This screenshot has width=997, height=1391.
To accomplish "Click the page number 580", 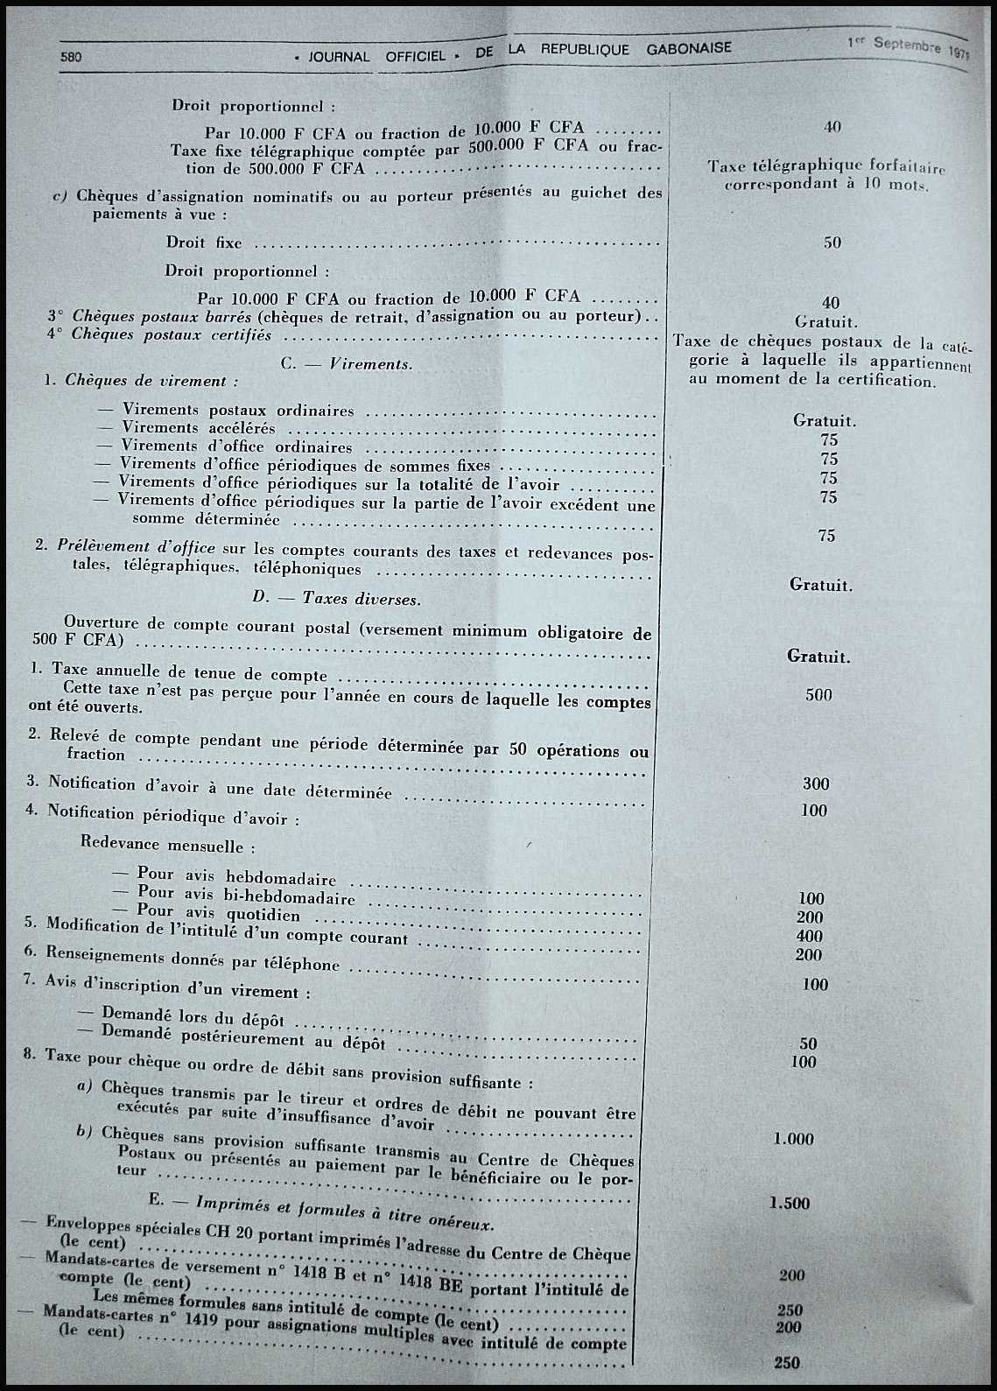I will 71,56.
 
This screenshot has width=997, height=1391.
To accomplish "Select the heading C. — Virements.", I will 347,364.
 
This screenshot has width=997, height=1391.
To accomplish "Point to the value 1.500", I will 789,1203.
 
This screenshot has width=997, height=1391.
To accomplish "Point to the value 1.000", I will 793,1139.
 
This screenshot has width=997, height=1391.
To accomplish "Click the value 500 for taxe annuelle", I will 818,695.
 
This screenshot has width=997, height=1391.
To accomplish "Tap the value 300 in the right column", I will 815,784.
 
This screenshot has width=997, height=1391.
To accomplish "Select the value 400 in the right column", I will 809,937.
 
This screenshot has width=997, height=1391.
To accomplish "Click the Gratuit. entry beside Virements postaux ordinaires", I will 824,421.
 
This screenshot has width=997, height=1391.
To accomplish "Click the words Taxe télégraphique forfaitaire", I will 825,165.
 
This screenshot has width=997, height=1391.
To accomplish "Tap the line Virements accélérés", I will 199,428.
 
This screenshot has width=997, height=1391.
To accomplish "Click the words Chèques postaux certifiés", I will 172,334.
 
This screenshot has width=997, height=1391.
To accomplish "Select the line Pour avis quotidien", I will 219,915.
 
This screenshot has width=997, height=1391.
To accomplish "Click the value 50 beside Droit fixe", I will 832,242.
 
